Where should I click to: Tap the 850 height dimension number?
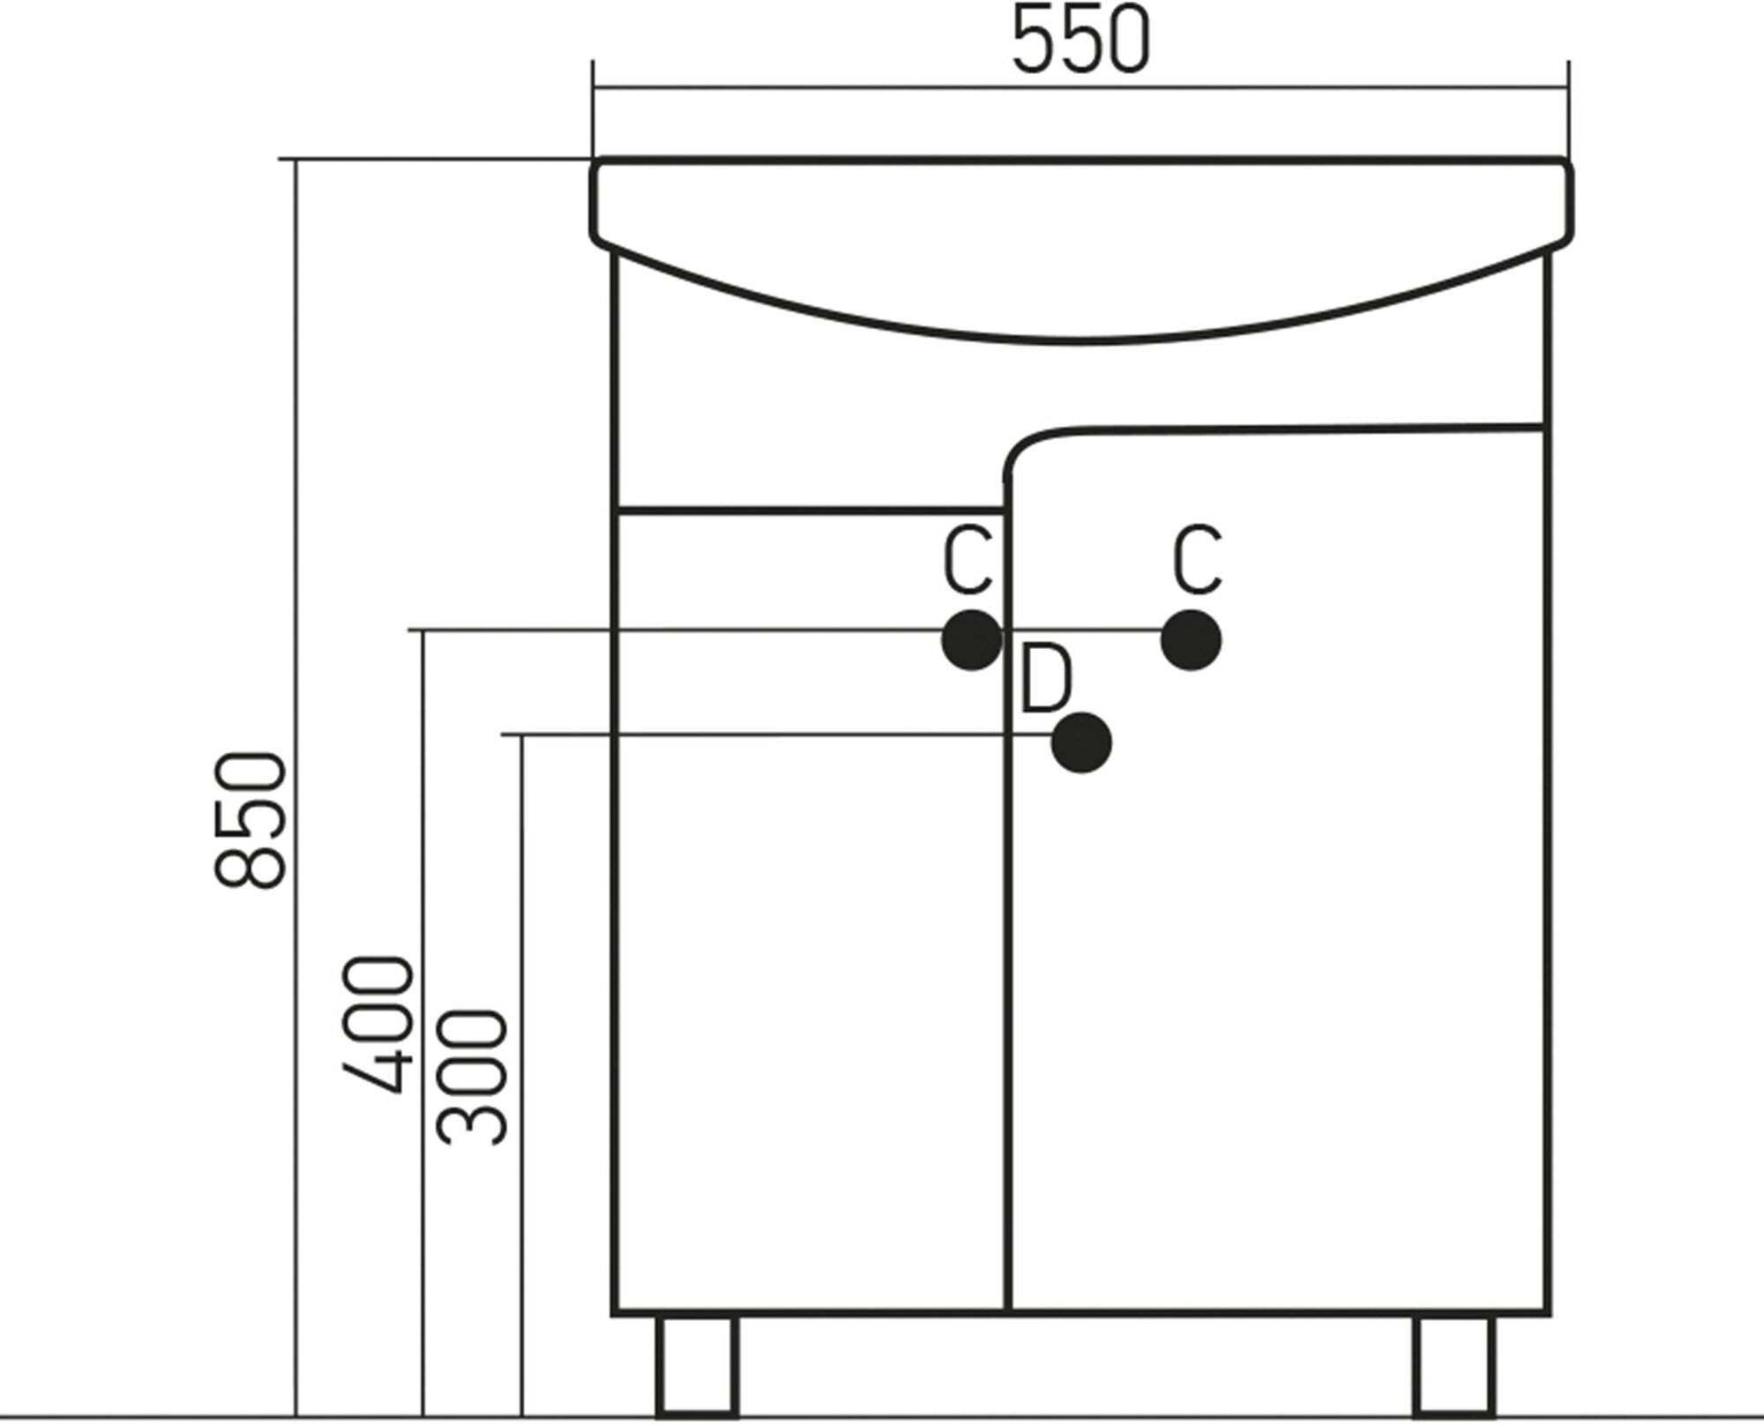tap(250, 819)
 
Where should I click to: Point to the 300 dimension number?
tap(475, 1077)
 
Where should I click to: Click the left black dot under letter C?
tap(972, 639)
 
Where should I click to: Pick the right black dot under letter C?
tap(1191, 639)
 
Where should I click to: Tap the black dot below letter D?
tap(1081, 743)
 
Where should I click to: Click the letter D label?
tap(1046, 680)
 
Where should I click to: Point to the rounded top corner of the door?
tap(1023, 446)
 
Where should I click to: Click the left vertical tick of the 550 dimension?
tap(594, 106)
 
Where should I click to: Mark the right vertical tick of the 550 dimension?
tap(1568, 106)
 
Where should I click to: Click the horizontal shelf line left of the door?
tap(811, 510)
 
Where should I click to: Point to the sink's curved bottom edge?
tap(1080, 338)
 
